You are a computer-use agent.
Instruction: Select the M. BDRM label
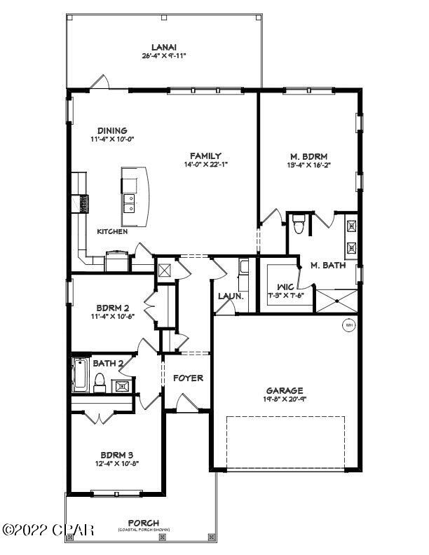[309, 156]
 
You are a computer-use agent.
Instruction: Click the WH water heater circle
[348, 325]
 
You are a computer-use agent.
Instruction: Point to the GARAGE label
[284, 390]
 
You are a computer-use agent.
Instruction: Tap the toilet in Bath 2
[100, 381]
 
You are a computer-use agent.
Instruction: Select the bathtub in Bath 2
[79, 375]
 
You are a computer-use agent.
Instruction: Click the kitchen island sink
[129, 203]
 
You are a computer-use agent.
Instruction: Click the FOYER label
[188, 378]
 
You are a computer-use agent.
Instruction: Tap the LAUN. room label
[230, 296]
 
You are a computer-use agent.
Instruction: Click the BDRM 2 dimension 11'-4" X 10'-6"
[111, 316]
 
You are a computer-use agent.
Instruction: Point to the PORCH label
[143, 523]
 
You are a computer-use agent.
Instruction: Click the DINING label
[112, 130]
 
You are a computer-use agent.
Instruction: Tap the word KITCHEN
[112, 231]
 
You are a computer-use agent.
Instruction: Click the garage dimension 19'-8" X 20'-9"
[284, 399]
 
